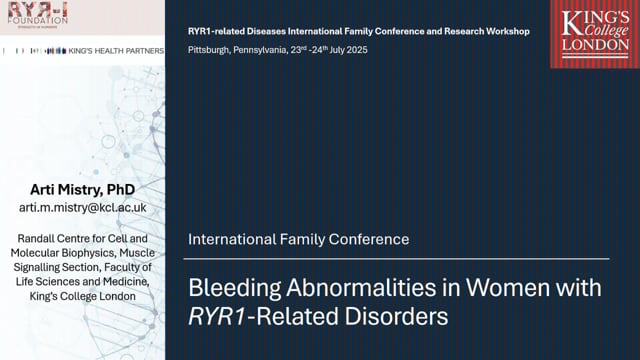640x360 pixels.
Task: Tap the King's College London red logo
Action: tap(595, 33)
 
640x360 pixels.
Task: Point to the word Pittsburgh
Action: tap(211, 50)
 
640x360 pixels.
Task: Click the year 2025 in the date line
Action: tap(356, 50)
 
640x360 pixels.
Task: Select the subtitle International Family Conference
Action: tap(299, 240)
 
